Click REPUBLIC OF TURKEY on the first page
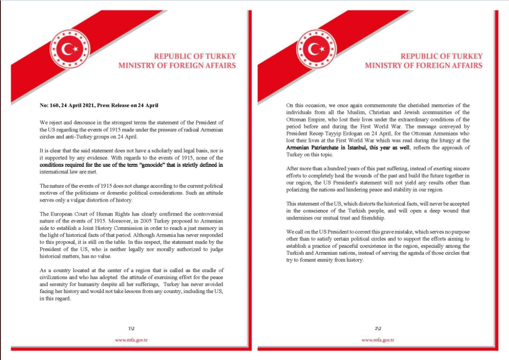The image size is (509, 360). click(x=195, y=56)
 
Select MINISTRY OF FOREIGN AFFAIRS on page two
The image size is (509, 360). click(x=424, y=66)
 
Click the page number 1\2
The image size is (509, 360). click(x=131, y=328)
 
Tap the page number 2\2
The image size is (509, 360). click(x=378, y=328)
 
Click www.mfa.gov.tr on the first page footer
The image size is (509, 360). click(x=131, y=340)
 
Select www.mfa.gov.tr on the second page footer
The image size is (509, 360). click(x=378, y=340)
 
